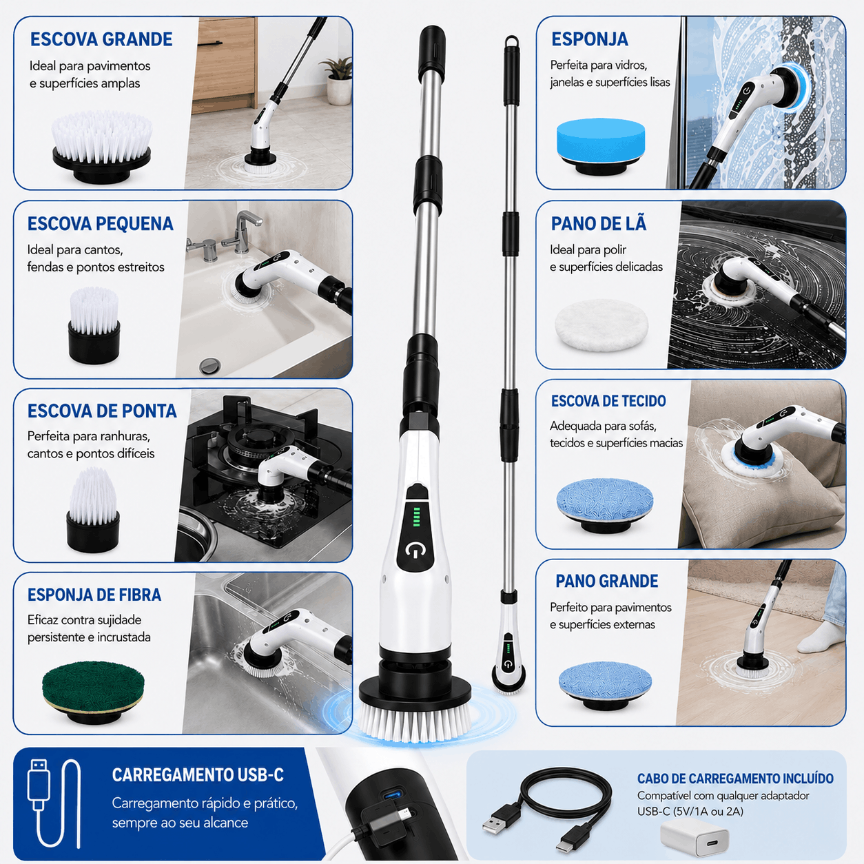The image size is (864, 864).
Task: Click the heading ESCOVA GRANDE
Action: pos(101,39)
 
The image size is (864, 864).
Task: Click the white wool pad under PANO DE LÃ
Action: pos(601,326)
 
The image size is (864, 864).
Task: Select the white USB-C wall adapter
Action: pos(694,836)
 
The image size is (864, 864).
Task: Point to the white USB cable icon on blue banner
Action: pos(53,803)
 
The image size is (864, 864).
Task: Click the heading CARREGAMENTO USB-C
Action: pos(198,775)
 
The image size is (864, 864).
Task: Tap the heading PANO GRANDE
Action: pos(606,581)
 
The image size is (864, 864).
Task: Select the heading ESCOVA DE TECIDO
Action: pos(608,401)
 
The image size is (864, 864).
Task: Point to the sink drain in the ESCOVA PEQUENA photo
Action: pos(210,365)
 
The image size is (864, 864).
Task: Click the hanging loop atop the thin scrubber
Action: pos(512,41)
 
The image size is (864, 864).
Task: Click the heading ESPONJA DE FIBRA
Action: pos(94,595)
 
